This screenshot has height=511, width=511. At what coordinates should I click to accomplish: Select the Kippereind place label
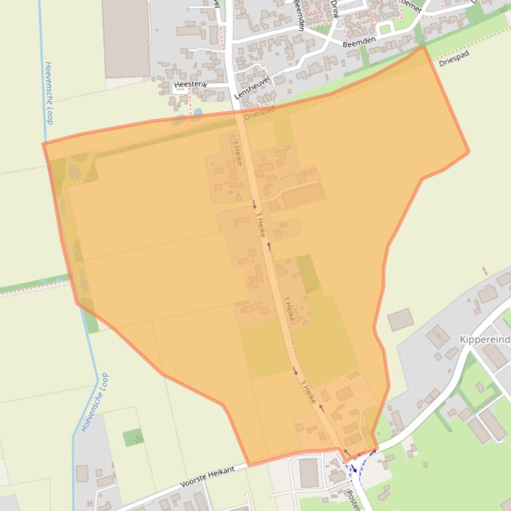[484, 340]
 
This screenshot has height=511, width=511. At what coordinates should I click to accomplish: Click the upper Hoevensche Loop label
[48, 93]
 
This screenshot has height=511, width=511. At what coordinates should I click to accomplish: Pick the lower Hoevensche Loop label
[95, 403]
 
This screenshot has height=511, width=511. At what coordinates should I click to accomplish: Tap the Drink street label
[334, 8]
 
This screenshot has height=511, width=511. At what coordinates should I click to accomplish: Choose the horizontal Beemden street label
[359, 41]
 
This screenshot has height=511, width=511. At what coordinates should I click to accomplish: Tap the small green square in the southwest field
[133, 437]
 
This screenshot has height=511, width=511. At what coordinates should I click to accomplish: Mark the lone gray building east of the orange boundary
[400, 319]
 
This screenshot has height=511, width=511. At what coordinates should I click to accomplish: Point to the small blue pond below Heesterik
[179, 121]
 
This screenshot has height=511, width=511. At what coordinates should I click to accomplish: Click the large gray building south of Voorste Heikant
[309, 473]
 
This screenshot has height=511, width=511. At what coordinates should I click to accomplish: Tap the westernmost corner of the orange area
[44, 144]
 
